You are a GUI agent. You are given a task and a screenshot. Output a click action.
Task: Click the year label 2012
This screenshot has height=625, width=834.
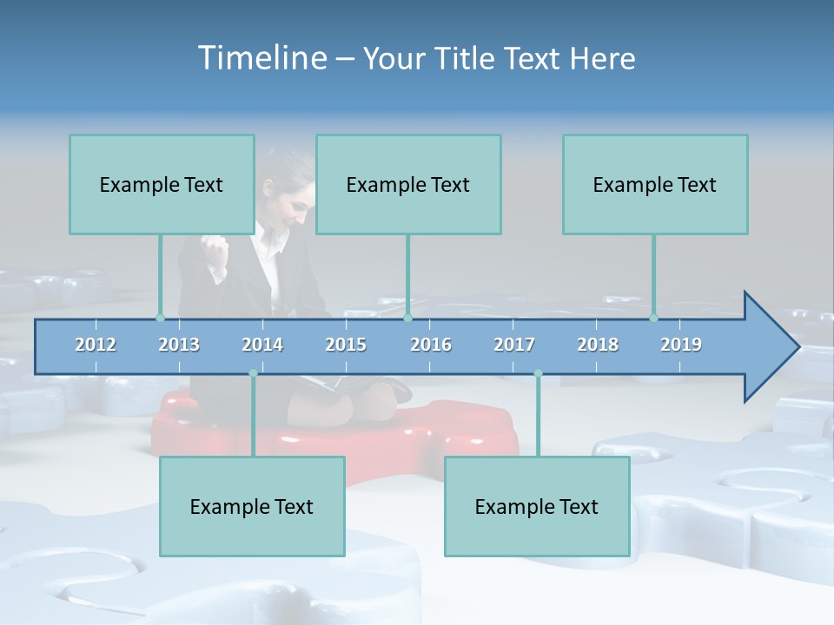[96, 345]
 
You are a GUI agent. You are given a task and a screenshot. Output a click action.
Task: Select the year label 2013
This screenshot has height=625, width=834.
[179, 345]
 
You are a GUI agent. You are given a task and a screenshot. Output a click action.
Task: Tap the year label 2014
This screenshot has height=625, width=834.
[262, 345]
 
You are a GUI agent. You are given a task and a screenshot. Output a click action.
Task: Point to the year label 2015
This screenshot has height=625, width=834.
[346, 345]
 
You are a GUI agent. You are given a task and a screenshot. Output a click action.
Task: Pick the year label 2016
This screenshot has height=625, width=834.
[431, 345]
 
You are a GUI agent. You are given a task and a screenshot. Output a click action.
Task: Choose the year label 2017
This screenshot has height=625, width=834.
[514, 345]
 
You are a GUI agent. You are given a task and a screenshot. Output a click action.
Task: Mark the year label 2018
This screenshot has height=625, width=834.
[598, 345]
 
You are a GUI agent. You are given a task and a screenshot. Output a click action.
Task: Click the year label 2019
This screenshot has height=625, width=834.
[681, 345]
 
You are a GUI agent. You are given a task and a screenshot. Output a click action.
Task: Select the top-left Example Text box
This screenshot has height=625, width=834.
[162, 184]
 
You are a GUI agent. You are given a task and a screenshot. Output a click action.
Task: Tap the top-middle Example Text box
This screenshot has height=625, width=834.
[408, 184]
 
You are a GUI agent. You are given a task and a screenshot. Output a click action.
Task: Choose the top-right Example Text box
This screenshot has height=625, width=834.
[655, 184]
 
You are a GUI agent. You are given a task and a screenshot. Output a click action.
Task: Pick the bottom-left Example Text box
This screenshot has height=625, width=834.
[252, 506]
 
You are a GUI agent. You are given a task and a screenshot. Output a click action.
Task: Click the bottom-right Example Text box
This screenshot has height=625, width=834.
[537, 506]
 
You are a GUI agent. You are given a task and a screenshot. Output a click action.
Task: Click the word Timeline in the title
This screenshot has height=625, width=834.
[261, 58]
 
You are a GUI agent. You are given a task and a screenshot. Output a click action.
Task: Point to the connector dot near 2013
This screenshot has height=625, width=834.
[160, 318]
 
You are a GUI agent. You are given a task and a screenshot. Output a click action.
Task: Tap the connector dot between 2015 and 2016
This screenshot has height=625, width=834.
[407, 318]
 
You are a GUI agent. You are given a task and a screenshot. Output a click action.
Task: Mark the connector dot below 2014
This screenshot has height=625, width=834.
[253, 373]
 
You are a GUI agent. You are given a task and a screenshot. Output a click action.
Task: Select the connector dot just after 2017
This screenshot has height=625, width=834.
[538, 373]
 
